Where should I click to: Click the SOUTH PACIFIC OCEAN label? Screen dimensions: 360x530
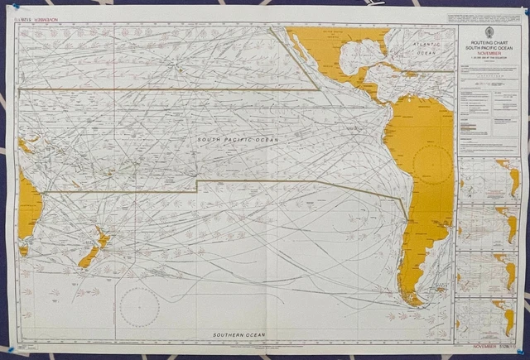point(238,141)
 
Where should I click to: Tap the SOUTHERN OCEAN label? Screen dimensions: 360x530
point(239,334)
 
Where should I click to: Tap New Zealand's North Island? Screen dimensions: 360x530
point(104,239)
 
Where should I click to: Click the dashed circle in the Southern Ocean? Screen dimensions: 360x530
point(139,307)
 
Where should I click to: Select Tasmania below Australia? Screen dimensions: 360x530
point(23,250)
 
